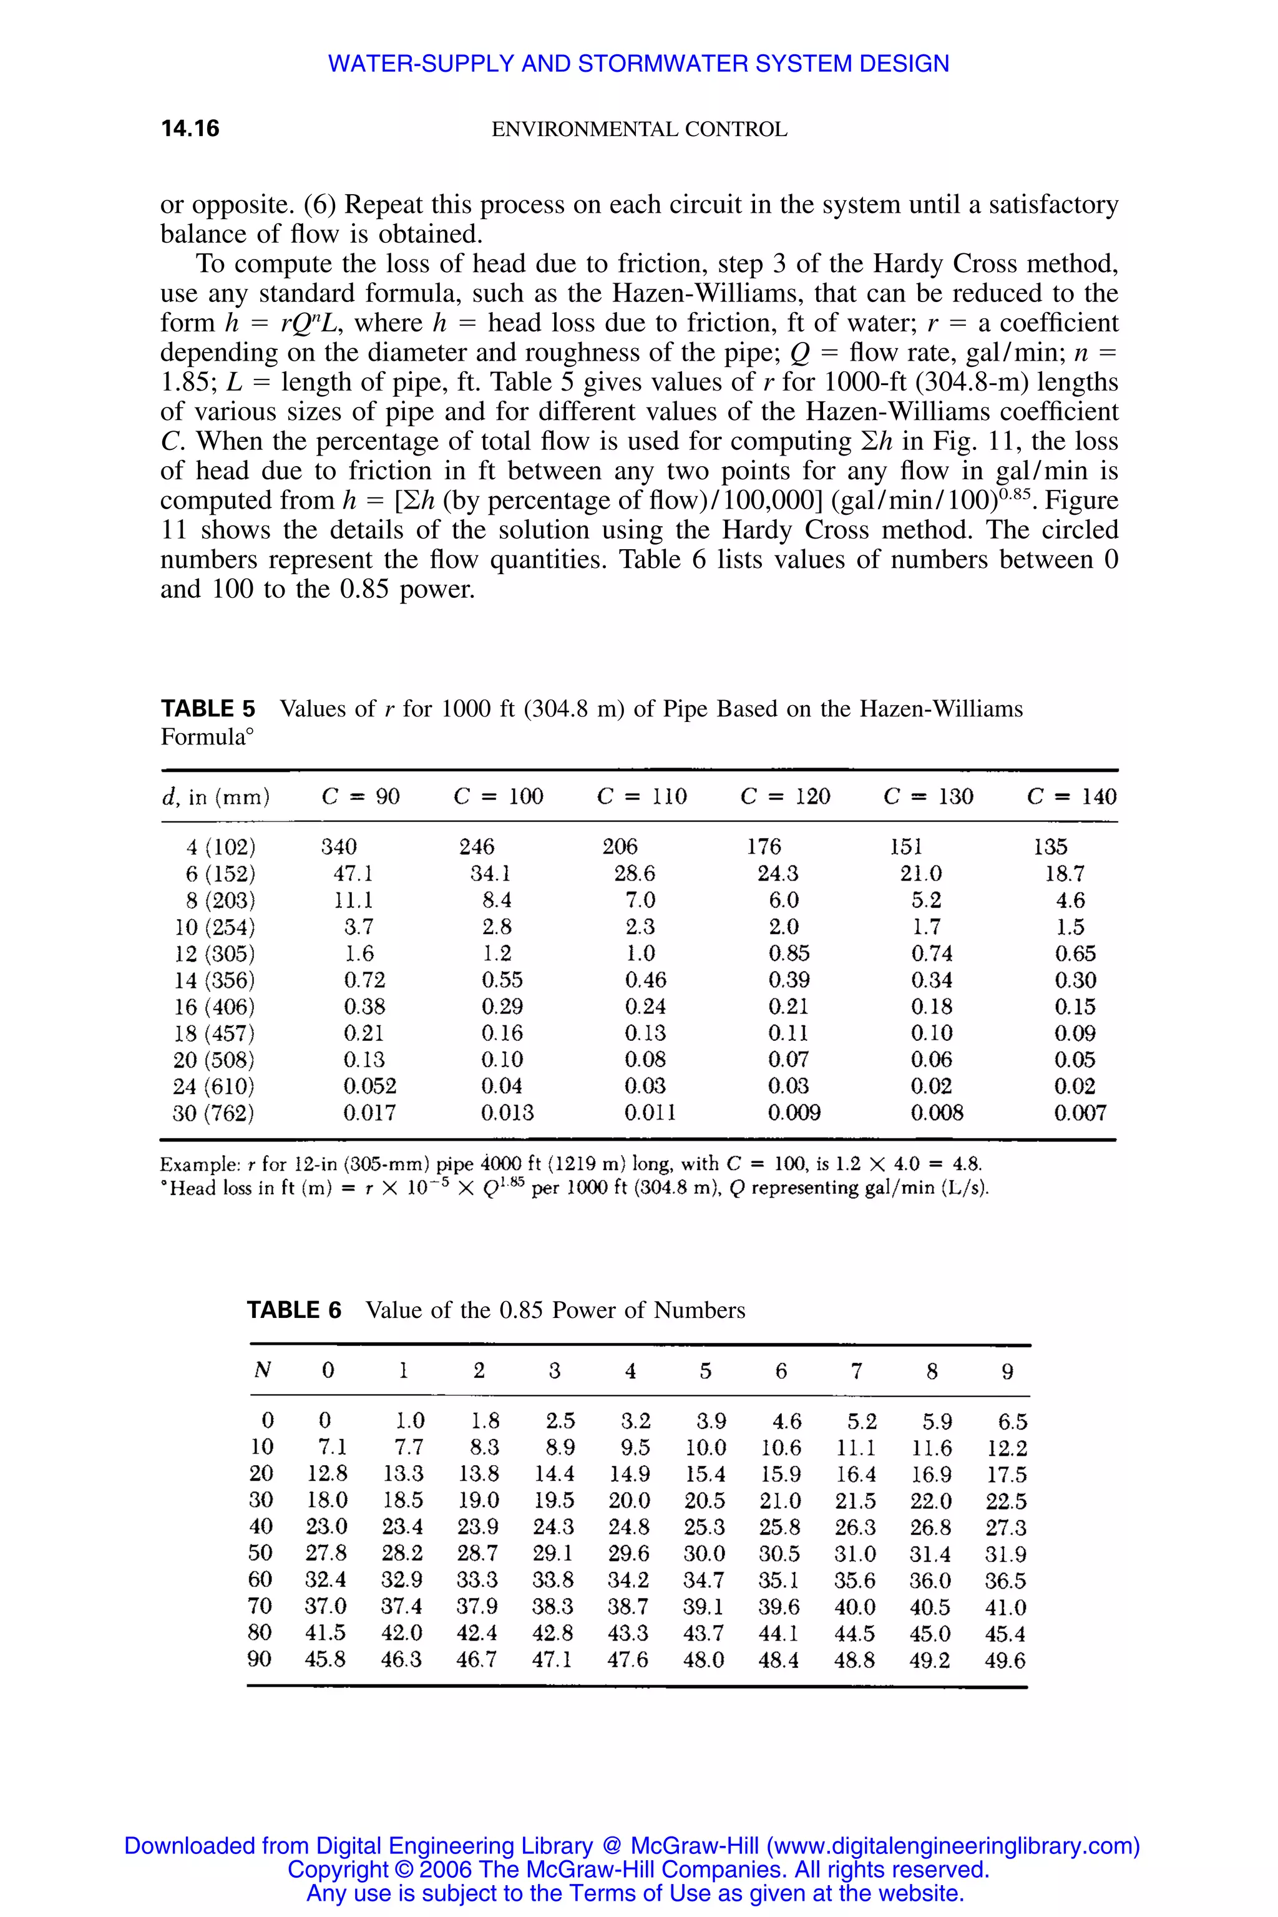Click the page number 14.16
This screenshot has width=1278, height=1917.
click(190, 129)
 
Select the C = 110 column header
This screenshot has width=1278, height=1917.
click(641, 796)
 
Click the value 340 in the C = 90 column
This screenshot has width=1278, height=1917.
click(338, 847)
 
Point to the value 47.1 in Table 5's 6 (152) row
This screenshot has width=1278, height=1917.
click(353, 874)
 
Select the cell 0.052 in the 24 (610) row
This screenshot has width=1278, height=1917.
click(369, 1086)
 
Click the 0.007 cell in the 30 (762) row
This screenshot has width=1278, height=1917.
click(1080, 1113)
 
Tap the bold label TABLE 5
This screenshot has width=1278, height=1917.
click(208, 708)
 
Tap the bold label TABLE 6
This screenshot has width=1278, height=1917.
click(295, 1310)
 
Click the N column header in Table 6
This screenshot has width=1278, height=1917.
click(263, 1371)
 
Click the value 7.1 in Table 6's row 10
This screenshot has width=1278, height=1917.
click(332, 1448)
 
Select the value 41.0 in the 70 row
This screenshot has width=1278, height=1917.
click(1005, 1607)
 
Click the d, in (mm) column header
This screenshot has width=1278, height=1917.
click(216, 796)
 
